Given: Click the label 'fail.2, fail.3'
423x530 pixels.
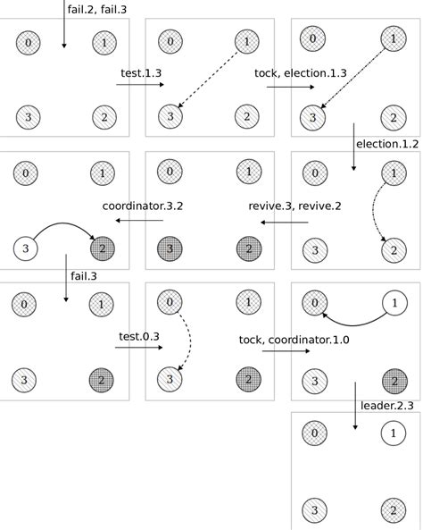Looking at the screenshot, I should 97,9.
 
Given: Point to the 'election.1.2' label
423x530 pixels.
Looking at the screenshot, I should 386,143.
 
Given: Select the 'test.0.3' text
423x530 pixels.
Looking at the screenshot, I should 139,337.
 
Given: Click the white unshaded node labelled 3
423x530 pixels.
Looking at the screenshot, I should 28,248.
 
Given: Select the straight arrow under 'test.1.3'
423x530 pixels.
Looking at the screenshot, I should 140,86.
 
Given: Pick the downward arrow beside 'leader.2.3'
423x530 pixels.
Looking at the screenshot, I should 355,407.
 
